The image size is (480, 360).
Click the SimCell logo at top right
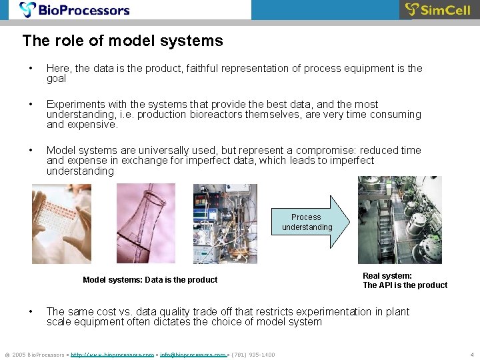[438, 10]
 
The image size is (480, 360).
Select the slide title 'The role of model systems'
[123, 41]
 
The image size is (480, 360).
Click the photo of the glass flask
[145, 223]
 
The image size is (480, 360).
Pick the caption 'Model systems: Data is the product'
[150, 280]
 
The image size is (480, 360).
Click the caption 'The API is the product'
[405, 285]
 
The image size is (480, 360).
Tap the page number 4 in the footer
[471, 355]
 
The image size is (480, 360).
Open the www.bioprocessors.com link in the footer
[112, 355]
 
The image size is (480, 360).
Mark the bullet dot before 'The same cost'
[31, 312]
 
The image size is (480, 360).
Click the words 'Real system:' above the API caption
[387, 275]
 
